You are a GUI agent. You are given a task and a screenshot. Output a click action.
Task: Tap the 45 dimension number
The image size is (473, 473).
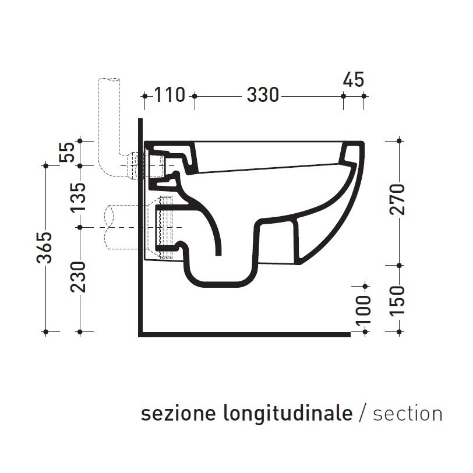[353, 80]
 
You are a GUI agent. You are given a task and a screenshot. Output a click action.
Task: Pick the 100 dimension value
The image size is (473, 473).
[363, 308]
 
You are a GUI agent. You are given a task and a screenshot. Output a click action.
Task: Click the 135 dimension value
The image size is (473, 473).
[80, 196]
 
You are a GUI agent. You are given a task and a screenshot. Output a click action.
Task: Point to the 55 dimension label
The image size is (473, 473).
[68, 153]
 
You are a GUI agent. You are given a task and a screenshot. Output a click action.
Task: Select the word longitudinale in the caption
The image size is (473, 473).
[287, 415]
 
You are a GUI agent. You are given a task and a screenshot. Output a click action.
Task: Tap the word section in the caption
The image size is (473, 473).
[407, 414]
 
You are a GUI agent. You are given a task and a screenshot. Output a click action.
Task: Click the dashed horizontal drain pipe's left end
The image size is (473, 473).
[105, 227]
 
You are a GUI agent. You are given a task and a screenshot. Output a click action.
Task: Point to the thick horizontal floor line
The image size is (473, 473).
[245, 334]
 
